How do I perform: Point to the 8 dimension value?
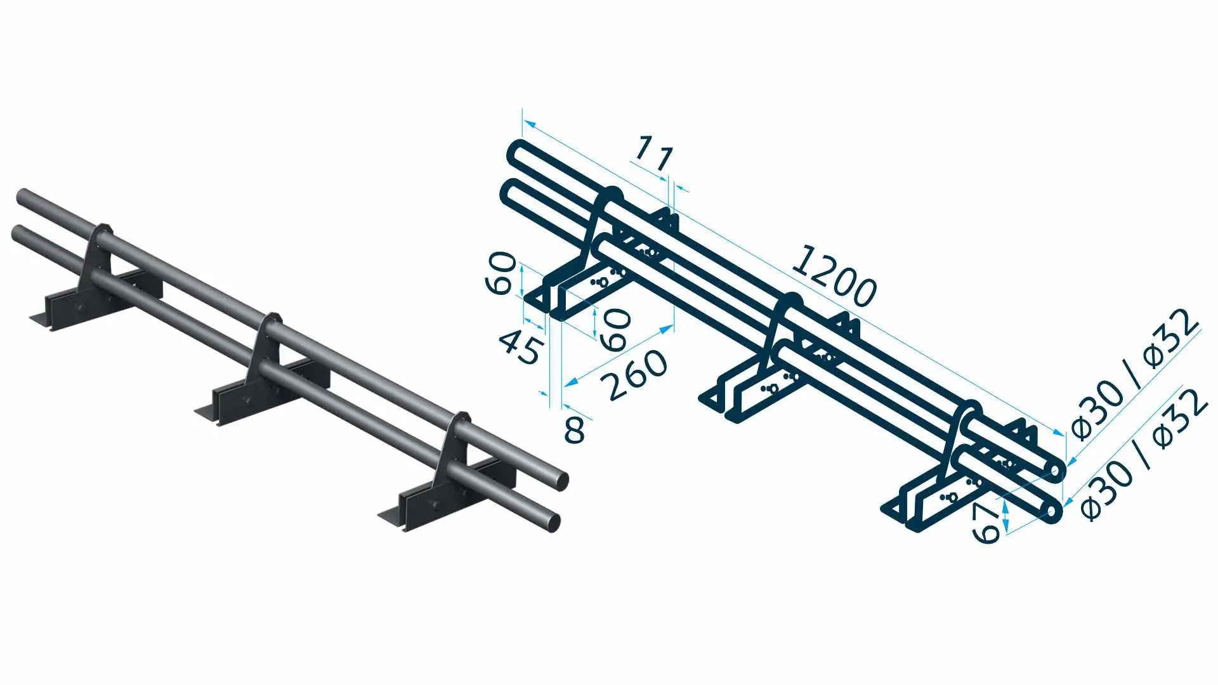574,430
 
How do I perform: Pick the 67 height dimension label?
986,524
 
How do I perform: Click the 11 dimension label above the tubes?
654,153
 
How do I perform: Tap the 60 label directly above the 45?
501,273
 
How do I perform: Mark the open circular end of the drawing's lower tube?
1052,511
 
